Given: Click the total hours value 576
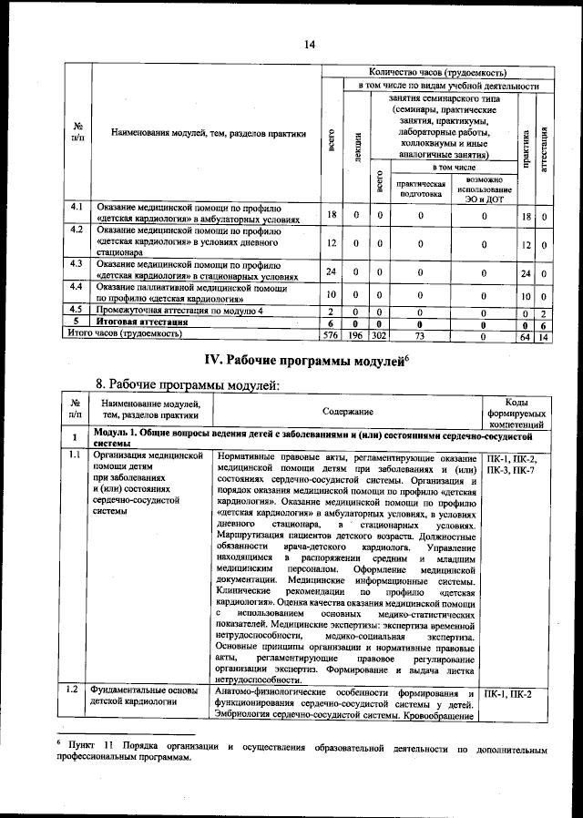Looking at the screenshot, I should point(332,334).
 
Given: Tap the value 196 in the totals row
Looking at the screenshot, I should point(356,334).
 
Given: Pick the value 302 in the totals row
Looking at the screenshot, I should point(378,334).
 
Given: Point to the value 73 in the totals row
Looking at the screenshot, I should point(420,334).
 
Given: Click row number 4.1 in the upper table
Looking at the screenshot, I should point(78,209).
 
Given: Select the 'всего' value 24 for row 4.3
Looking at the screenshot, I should point(332,272).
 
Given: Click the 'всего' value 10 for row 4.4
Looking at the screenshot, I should point(332,295).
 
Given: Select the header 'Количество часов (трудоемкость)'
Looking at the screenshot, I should point(436,72).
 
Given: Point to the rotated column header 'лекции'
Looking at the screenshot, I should point(356,146).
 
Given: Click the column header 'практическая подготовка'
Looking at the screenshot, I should point(420,188).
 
